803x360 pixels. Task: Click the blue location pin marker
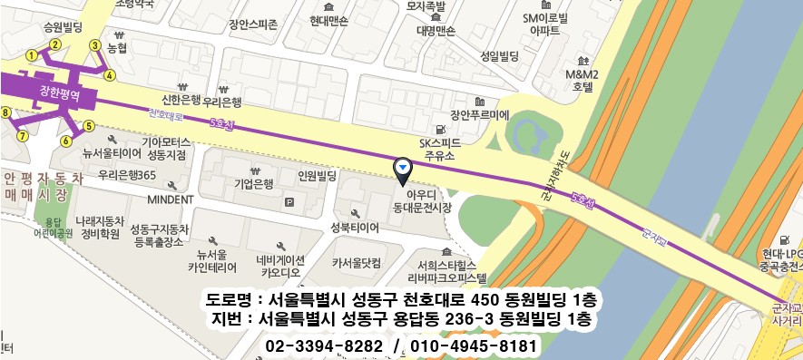click(x=403, y=169)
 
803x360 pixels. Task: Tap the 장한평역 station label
click(x=61, y=93)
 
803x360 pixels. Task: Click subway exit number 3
click(x=94, y=45)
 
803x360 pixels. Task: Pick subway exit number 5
click(x=88, y=125)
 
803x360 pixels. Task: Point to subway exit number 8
click(x=6, y=113)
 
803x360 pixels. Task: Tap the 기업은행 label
click(x=254, y=183)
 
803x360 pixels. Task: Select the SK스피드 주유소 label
click(x=440, y=150)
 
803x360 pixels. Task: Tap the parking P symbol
click(x=289, y=201)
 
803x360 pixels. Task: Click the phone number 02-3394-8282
click(x=324, y=346)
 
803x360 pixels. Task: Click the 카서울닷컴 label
click(x=356, y=262)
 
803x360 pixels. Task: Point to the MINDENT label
click(x=171, y=199)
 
